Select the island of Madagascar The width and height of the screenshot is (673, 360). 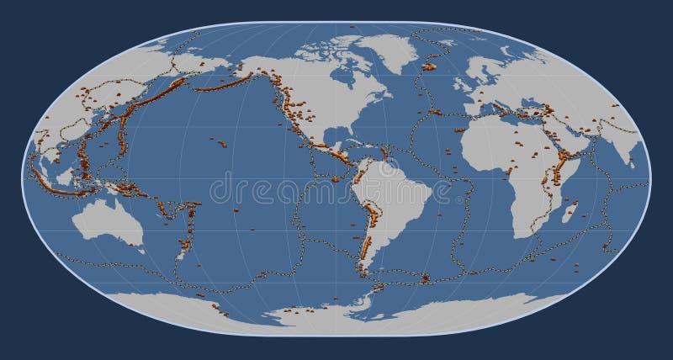tap(570, 210)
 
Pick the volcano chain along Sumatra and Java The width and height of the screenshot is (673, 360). tap(59, 187)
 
